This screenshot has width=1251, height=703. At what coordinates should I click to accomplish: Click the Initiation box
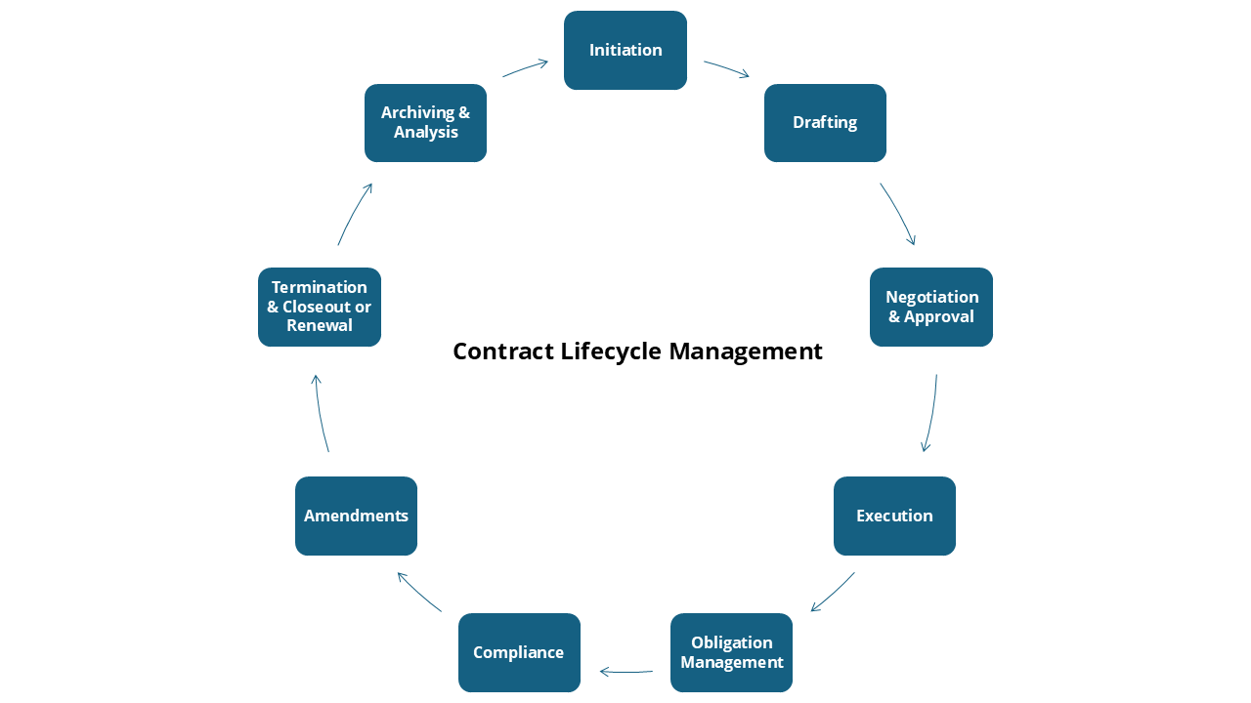[625, 50]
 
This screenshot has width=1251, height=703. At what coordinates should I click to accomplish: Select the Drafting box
[825, 123]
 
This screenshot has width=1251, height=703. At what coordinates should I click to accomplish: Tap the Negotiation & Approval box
[931, 307]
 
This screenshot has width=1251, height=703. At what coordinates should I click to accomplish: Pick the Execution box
[894, 516]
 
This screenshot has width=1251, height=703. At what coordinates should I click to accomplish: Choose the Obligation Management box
[731, 652]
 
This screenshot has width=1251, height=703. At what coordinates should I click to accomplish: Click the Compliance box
[519, 652]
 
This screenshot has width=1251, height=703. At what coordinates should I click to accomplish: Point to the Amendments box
[356, 516]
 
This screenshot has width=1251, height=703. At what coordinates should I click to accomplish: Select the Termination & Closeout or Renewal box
[320, 307]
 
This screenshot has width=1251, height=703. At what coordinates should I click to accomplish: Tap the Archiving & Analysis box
[425, 123]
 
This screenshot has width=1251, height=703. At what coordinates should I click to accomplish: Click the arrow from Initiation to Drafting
[726, 68]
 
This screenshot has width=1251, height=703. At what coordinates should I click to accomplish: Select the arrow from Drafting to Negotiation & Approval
[899, 214]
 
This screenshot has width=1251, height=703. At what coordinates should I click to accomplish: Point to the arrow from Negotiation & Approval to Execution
[931, 414]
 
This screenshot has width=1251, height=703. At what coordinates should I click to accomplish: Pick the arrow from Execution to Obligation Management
[833, 593]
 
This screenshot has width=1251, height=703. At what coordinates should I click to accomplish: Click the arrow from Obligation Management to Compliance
[625, 672]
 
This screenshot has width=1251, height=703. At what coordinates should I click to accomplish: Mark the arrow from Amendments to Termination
[320, 414]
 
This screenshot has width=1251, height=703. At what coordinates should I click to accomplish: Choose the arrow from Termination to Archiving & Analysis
[354, 214]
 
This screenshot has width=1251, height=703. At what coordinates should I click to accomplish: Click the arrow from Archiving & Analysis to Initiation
[526, 67]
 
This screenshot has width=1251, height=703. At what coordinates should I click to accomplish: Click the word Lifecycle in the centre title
[613, 351]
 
